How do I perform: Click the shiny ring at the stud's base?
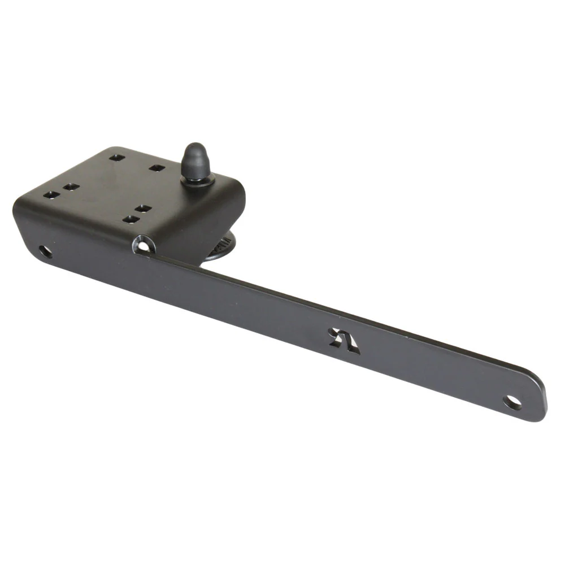click(197, 180)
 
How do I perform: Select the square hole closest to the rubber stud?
click(157, 168)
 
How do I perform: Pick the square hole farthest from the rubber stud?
click(51, 194)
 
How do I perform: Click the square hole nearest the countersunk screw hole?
click(131, 219)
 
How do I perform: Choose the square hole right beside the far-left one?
click(70, 186)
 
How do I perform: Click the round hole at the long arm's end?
click(512, 402)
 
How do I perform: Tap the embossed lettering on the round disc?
click(221, 247)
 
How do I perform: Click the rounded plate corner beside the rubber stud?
click(237, 189)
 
